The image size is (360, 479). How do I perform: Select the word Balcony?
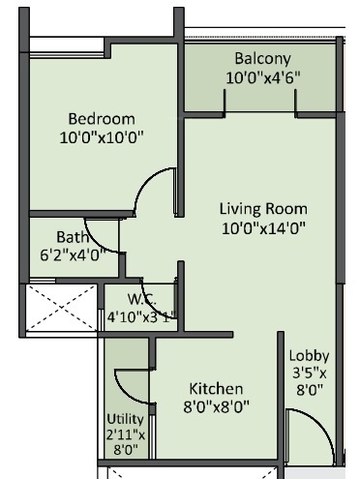(x=262, y=57)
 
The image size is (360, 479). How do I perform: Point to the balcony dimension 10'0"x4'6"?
(x=262, y=75)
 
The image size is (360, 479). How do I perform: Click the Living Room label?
(x=262, y=208)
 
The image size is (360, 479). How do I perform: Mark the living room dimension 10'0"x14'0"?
(x=262, y=227)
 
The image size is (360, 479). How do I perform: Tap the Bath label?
(x=72, y=235)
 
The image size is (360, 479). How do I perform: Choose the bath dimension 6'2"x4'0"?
(x=72, y=254)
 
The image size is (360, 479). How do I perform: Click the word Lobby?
(x=310, y=355)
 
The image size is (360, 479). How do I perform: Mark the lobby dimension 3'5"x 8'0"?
(x=310, y=380)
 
